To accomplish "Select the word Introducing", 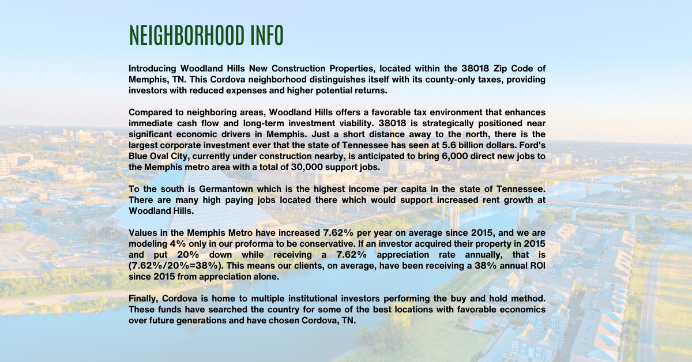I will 152,69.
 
